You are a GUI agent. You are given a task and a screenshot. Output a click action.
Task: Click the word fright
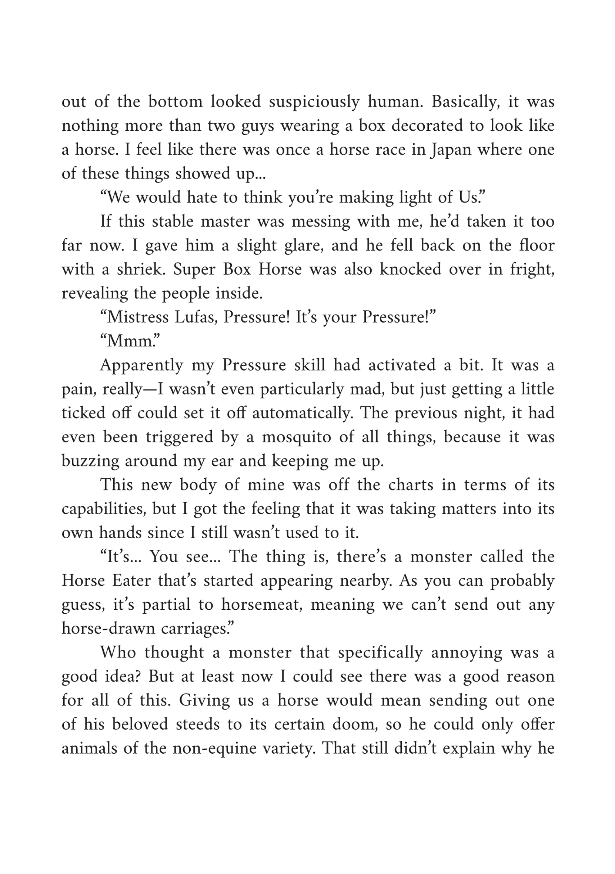click(x=532, y=269)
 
